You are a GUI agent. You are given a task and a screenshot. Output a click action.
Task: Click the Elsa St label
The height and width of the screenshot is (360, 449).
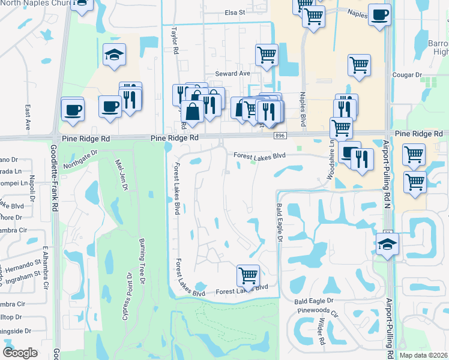235,12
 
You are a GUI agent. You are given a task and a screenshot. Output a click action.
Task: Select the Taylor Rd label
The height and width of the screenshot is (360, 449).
175,40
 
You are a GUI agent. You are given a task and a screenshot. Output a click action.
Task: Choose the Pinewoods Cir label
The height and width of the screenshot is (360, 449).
318,313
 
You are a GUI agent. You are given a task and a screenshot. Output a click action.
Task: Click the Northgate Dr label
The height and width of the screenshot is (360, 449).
80,158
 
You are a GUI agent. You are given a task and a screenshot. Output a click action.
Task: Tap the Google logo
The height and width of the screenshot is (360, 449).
20,352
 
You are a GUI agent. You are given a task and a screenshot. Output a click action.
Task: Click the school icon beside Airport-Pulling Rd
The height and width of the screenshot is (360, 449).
387,244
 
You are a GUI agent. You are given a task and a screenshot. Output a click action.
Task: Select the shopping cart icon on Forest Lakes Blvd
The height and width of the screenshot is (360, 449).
248,276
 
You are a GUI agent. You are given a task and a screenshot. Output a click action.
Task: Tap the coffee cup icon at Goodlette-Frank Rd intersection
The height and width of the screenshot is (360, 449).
73,109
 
